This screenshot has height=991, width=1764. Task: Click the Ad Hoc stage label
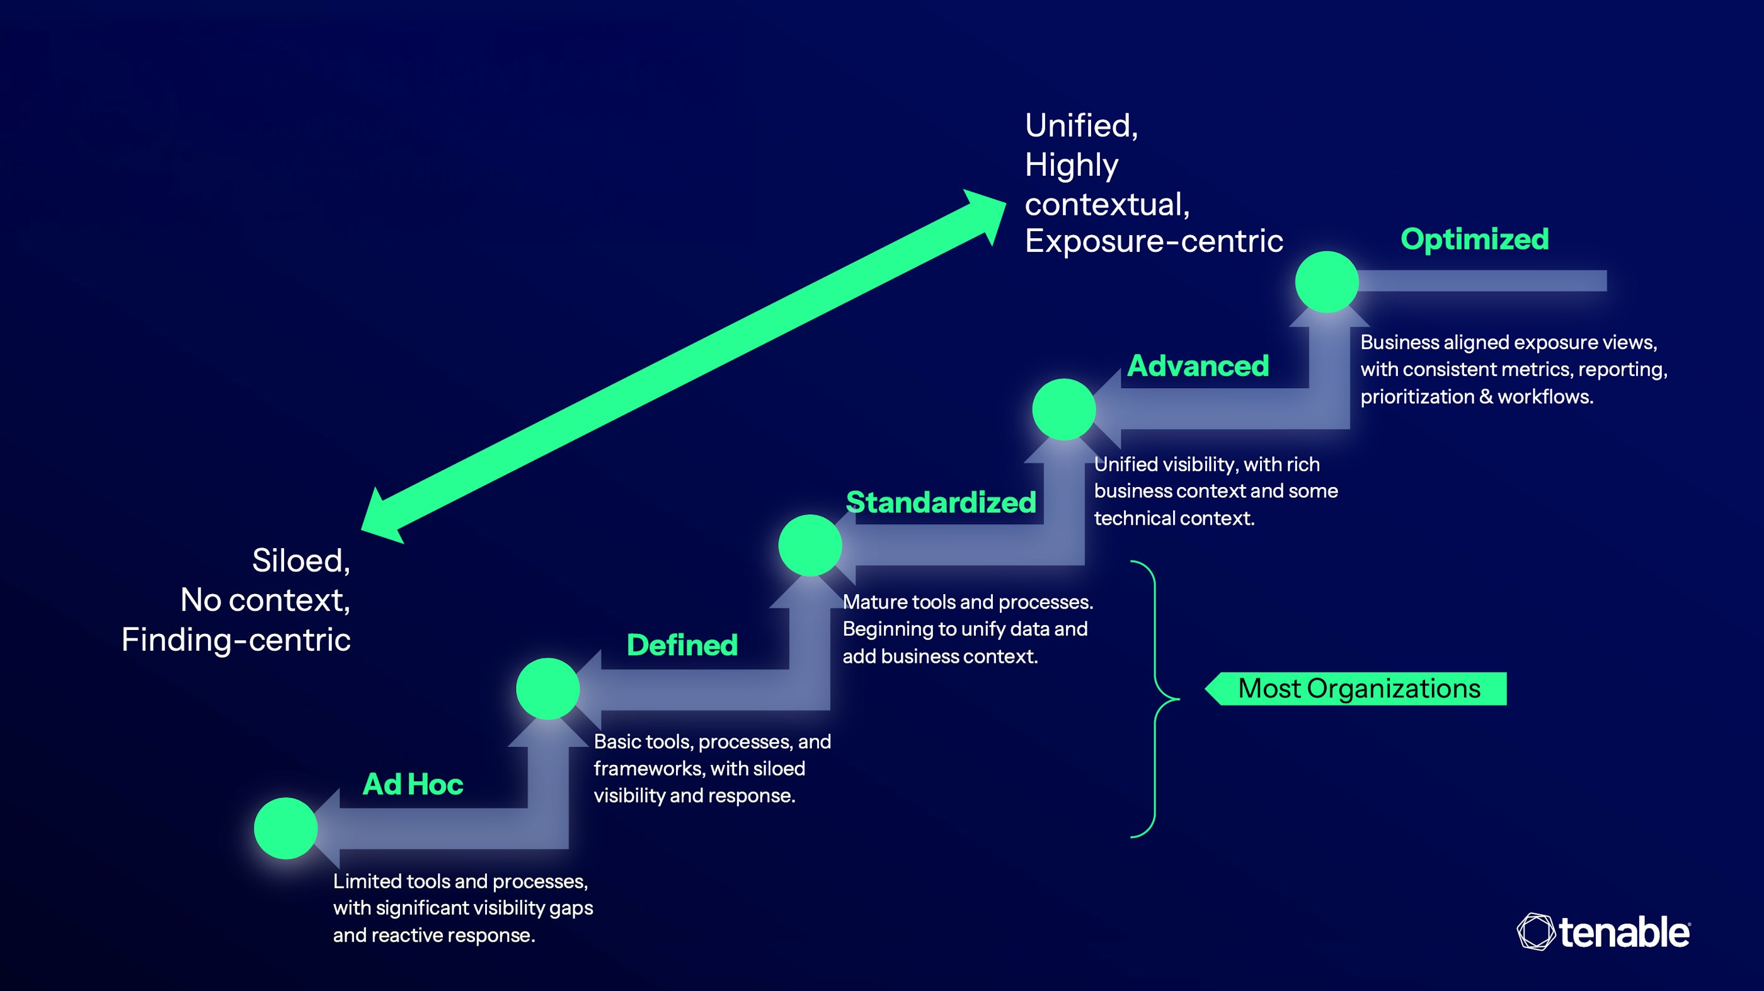point(413,784)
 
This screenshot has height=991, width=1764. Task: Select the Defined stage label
point(682,645)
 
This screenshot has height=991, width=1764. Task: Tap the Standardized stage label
point(941,503)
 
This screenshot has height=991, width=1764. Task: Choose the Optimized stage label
point(1474,239)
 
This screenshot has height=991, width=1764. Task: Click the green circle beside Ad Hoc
point(285,828)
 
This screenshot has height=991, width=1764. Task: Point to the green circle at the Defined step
point(548,689)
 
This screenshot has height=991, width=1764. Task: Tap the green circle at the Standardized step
point(810,545)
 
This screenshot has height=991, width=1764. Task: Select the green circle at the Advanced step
point(1063,409)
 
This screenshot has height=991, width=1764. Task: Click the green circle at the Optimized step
point(1326,282)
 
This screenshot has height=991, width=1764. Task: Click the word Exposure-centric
point(1153,241)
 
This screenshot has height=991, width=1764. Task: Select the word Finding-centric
point(236,639)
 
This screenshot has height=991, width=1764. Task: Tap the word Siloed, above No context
point(301,560)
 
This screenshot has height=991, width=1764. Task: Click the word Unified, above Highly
point(1080,126)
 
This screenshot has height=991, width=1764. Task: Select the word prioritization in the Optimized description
point(1416,396)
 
